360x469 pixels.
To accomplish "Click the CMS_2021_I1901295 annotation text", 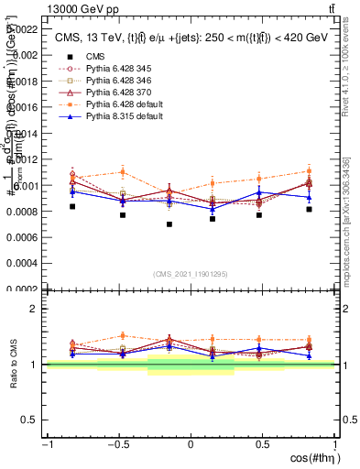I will pos(190,274).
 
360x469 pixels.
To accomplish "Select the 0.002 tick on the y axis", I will pos(26,55).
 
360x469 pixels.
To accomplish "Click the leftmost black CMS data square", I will pos(72,207).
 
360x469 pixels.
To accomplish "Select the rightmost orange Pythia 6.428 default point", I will pos(310,171).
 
